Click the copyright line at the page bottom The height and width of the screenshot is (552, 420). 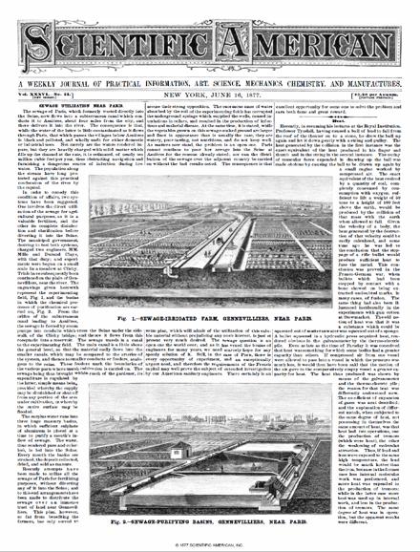[x=210, y=545]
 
